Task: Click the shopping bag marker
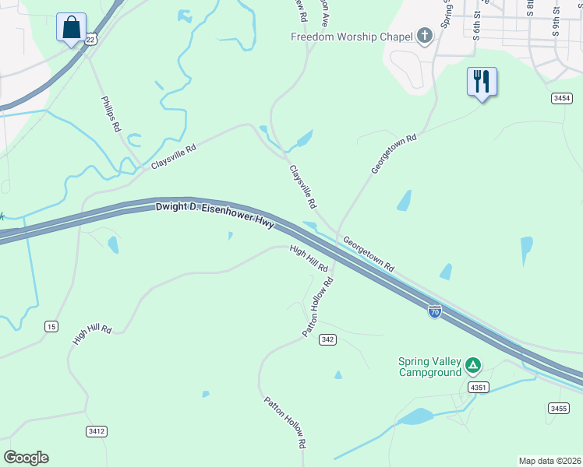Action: pos(72,28)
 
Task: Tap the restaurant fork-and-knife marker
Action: pos(482,81)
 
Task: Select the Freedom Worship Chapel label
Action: pos(352,37)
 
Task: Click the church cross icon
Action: pos(424,36)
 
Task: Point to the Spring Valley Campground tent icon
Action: pos(472,365)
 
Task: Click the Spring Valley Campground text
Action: pos(430,367)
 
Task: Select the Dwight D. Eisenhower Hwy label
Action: pos(215,214)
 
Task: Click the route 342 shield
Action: pos(327,339)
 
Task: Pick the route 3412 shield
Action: pos(97,430)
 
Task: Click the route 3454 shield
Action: pos(561,98)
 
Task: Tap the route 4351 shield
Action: pos(478,387)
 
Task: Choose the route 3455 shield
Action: pos(558,408)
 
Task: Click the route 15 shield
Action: pos(51,326)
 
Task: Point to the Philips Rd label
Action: pos(111,114)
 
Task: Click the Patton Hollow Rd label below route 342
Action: pos(283,423)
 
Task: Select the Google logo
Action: pos(26,458)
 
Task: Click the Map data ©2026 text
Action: pos(550,461)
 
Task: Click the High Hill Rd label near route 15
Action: pos(92,335)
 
